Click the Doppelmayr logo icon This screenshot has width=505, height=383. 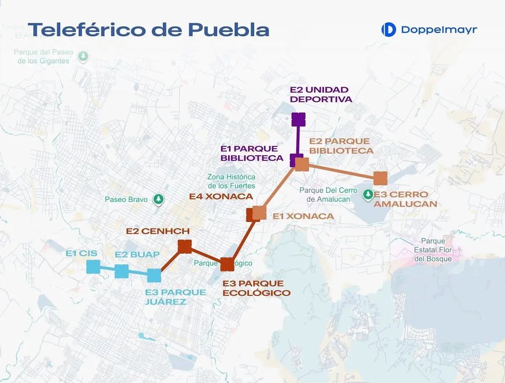coord(388,29)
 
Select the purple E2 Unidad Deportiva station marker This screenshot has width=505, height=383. coord(298,119)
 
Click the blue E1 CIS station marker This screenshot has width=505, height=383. coord(93,267)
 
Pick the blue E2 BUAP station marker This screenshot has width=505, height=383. coord(122,271)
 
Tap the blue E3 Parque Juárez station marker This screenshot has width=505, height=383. coord(154,275)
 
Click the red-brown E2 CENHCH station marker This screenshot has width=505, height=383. coord(185,247)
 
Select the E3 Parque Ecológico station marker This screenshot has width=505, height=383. coord(227,264)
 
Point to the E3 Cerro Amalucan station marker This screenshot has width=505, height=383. coord(380,178)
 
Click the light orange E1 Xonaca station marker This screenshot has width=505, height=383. coord(260,213)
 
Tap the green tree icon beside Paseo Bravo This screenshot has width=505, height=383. coord(158,199)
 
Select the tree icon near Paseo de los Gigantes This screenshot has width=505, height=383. coord(84,56)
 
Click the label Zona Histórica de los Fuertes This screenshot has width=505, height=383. coord(231,181)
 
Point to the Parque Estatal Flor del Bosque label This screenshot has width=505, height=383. coord(433,250)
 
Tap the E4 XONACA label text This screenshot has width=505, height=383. coord(221,197)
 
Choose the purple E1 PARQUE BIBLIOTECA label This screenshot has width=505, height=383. coord(252,154)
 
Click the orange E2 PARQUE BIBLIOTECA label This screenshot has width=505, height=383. coord(341,146)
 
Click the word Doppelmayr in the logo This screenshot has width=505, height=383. coord(439,29)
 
